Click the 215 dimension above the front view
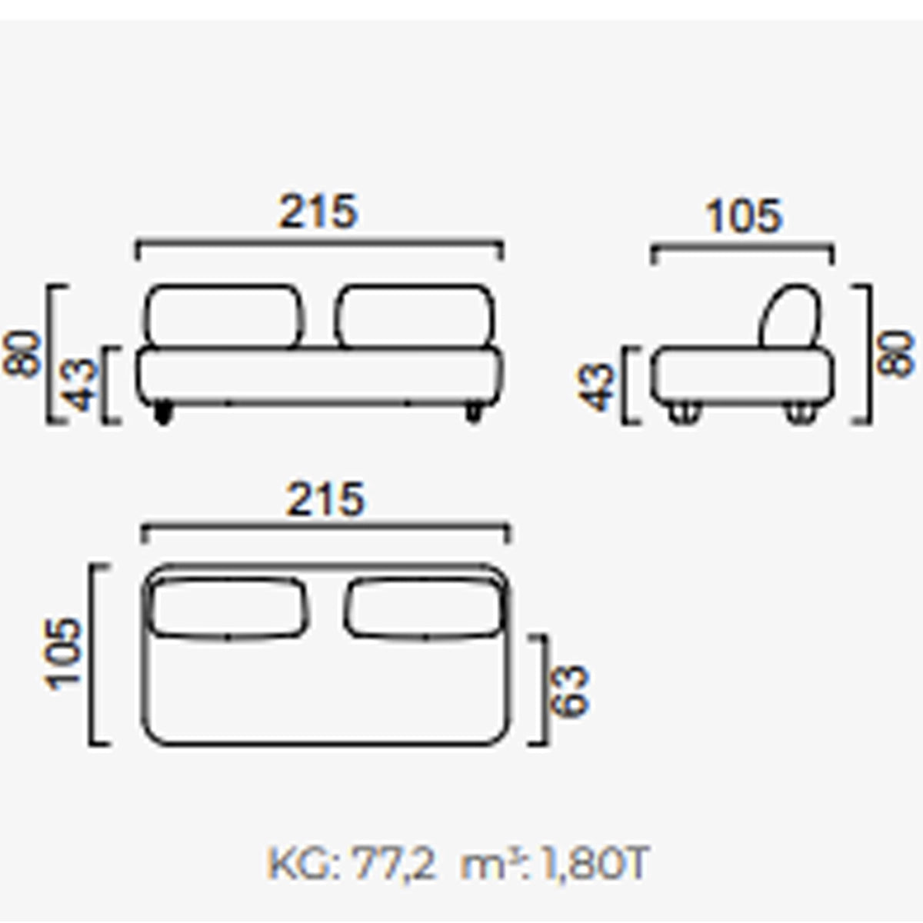[318, 212]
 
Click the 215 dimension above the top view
[325, 500]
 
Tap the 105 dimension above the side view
[743, 216]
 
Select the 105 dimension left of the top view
[62, 655]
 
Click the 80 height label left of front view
[22, 355]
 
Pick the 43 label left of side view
[595, 387]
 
